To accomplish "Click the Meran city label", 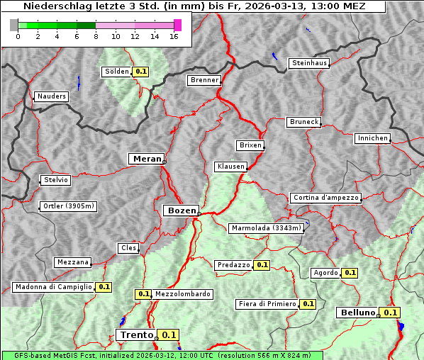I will pyautogui.click(x=146, y=159).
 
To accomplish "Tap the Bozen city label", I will pyautogui.click(x=180, y=210).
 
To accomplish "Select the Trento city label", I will pyautogui.click(x=136, y=335).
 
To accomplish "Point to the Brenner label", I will pyautogui.click(x=204, y=80).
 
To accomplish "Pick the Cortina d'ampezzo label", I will pyautogui.click(x=325, y=198).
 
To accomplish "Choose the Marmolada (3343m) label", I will pyautogui.click(x=267, y=228).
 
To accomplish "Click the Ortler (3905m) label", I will pyautogui.click(x=68, y=206).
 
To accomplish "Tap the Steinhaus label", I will pyautogui.click(x=310, y=63).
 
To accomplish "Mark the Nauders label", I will pyautogui.click(x=51, y=96).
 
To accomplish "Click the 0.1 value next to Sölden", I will pyautogui.click(x=141, y=72).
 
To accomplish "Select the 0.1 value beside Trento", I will pyautogui.click(x=168, y=335).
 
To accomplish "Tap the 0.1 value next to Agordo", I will pyautogui.click(x=350, y=273).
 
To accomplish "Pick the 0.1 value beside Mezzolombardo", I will pyautogui.click(x=143, y=294).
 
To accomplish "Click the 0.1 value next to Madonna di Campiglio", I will pyautogui.click(x=104, y=287).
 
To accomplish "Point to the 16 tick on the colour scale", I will pyautogui.click(x=174, y=35).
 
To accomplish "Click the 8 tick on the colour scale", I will pyautogui.click(x=96, y=35).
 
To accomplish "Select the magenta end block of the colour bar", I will pyautogui.click(x=177, y=25).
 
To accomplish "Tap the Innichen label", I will pyautogui.click(x=372, y=138).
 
